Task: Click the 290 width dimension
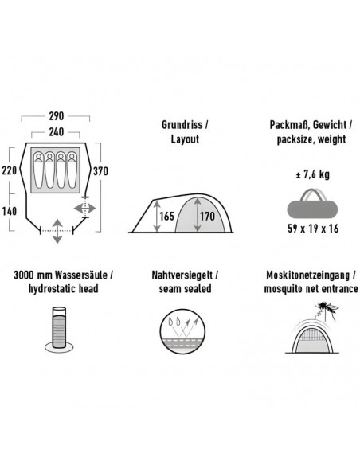(56, 116)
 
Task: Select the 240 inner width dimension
(56, 132)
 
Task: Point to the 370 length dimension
(100, 171)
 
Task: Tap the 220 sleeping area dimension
(10, 171)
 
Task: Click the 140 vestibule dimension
(10, 212)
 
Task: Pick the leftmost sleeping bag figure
(38, 170)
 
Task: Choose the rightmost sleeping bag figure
(72, 170)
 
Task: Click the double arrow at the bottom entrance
(57, 232)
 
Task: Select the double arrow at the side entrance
(84, 209)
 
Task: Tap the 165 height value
(166, 217)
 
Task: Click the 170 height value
(207, 217)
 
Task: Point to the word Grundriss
(182, 125)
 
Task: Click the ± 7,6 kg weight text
(312, 174)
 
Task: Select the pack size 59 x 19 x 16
(313, 229)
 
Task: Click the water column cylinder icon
(59, 330)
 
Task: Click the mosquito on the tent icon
(327, 309)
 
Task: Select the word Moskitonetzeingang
(307, 275)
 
